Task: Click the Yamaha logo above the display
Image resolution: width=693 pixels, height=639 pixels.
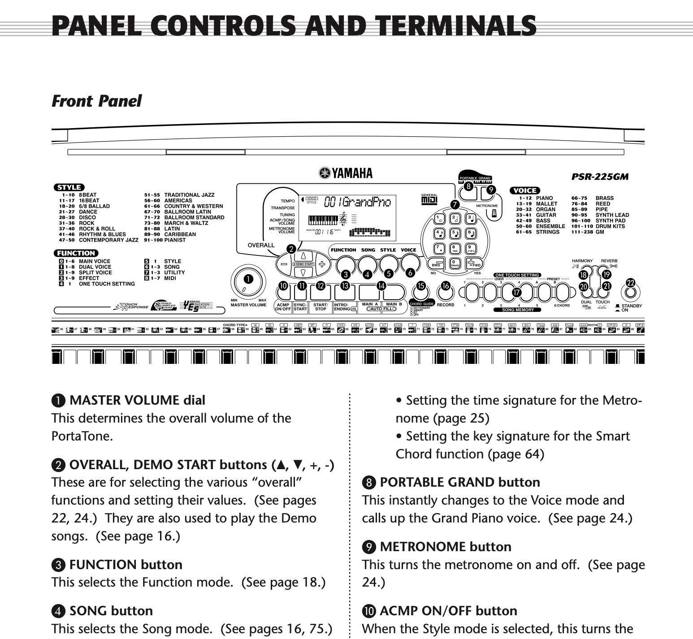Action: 346,173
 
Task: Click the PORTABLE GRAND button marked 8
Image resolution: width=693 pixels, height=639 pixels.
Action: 468,191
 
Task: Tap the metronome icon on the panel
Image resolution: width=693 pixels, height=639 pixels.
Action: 494,214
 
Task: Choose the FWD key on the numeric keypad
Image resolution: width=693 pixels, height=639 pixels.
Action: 473,263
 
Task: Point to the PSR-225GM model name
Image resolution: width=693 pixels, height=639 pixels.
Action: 600,177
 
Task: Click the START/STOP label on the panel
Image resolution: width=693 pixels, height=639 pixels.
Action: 320,307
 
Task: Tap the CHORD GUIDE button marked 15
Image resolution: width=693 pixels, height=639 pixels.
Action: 420,292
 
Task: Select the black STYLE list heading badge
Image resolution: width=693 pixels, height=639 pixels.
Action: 69,187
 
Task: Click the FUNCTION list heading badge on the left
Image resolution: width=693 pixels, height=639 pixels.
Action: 76,253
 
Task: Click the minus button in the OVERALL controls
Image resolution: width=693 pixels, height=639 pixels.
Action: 284,264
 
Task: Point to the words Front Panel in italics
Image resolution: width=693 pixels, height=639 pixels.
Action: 96,101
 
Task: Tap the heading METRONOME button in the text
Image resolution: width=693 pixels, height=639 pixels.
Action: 445,547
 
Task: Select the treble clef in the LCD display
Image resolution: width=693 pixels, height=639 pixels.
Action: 344,219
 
